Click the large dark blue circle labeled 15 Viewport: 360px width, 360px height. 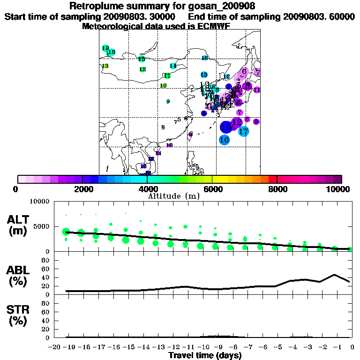226,127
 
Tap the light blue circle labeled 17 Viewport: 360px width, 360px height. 243,131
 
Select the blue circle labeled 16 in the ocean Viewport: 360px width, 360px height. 224,140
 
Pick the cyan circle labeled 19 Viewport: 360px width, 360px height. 105,48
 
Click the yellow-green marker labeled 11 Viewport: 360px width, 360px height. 167,75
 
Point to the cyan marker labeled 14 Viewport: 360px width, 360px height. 173,66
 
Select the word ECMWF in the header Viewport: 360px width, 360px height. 212,26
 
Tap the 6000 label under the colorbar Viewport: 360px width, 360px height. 212,189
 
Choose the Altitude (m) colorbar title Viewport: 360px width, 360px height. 174,195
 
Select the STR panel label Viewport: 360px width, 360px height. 18,315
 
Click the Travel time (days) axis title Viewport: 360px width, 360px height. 205,356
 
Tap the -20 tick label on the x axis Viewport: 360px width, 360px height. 54,347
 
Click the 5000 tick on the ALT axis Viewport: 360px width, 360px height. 41,226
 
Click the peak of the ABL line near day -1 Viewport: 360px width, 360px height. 335,275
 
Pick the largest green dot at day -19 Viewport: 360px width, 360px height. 66,232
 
